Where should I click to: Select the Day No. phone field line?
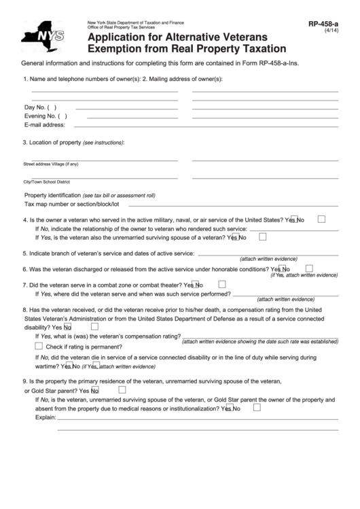pyautogui.click(x=126, y=108)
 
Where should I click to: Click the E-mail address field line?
pyautogui.click(x=204, y=126)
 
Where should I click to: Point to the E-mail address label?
pyautogui.click(x=45, y=125)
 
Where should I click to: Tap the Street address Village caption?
pyautogui.click(x=51, y=164)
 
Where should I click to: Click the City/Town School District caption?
pyautogui.click(x=47, y=182)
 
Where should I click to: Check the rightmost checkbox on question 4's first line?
pyautogui.click(x=321, y=219)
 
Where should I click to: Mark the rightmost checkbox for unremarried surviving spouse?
pyautogui.click(x=262, y=236)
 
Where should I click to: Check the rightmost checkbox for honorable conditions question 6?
pyautogui.click(x=309, y=268)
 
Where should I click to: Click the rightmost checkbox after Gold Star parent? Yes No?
pyautogui.click(x=122, y=390)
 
